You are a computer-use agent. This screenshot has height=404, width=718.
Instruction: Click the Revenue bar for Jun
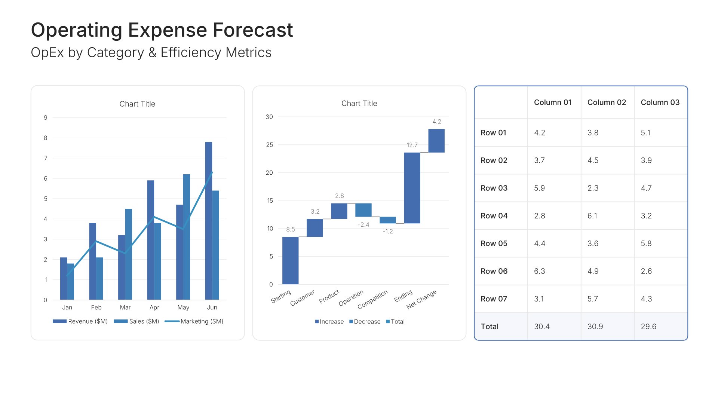pyautogui.click(x=208, y=221)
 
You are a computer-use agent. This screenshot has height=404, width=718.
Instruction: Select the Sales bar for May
pyautogui.click(x=186, y=237)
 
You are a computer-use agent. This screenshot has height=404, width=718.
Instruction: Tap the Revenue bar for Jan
pyautogui.click(x=63, y=278)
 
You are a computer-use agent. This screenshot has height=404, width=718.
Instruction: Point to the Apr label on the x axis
pyautogui.click(x=154, y=307)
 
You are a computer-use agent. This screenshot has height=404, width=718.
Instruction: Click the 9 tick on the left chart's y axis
pyautogui.click(x=46, y=118)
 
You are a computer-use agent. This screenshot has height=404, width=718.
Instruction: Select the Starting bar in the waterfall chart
pyautogui.click(x=290, y=260)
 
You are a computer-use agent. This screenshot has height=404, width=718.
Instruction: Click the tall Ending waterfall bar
pyautogui.click(x=412, y=188)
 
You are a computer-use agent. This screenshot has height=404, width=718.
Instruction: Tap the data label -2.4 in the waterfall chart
pyautogui.click(x=363, y=225)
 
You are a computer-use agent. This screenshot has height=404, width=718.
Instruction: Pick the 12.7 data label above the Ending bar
pyautogui.click(x=412, y=145)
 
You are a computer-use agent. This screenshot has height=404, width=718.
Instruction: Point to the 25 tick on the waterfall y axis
pyautogui.click(x=269, y=145)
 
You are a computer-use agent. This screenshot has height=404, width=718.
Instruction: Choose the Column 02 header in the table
pyautogui.click(x=607, y=102)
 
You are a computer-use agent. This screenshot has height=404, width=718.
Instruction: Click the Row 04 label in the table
pyautogui.click(x=494, y=216)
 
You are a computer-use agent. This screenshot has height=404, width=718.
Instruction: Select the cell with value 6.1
pyautogui.click(x=592, y=216)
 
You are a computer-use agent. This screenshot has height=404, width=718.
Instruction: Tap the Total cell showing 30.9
pyautogui.click(x=595, y=327)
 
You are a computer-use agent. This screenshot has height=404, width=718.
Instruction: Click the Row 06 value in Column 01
pyautogui.click(x=539, y=271)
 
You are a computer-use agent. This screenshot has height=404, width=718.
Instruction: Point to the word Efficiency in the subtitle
pyautogui.click(x=191, y=53)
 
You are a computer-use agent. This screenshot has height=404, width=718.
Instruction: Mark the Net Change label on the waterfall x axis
pyautogui.click(x=421, y=299)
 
